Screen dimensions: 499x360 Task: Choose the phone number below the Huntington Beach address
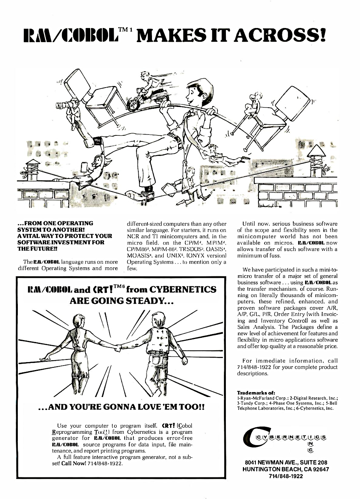tap(285, 476)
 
